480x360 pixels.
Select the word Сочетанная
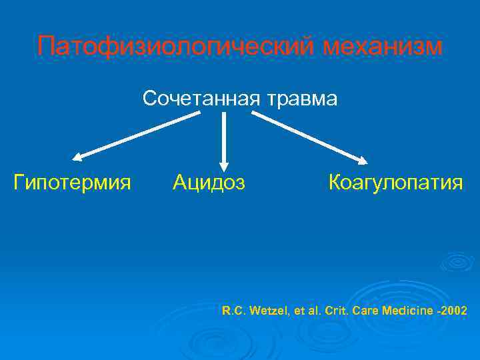click(202, 99)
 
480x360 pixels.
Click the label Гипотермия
click(72, 181)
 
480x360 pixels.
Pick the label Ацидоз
click(209, 181)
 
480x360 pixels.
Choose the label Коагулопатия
click(395, 181)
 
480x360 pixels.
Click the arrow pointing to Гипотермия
click(137, 136)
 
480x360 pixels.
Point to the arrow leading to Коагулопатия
click(309, 137)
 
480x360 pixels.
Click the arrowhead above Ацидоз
click(224, 165)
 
